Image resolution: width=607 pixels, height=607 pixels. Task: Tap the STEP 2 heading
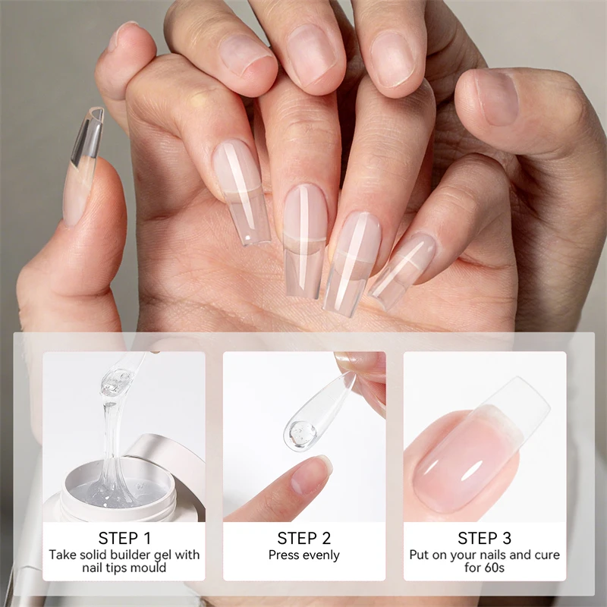pos(303,538)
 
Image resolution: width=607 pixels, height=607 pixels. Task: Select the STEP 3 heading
pos(484,538)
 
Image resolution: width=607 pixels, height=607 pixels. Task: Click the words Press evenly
pos(303,555)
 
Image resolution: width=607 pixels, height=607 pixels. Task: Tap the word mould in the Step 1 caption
pos(150,568)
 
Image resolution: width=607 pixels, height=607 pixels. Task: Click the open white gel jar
pos(114,486)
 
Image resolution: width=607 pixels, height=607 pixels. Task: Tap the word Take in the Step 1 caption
pos(63,555)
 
